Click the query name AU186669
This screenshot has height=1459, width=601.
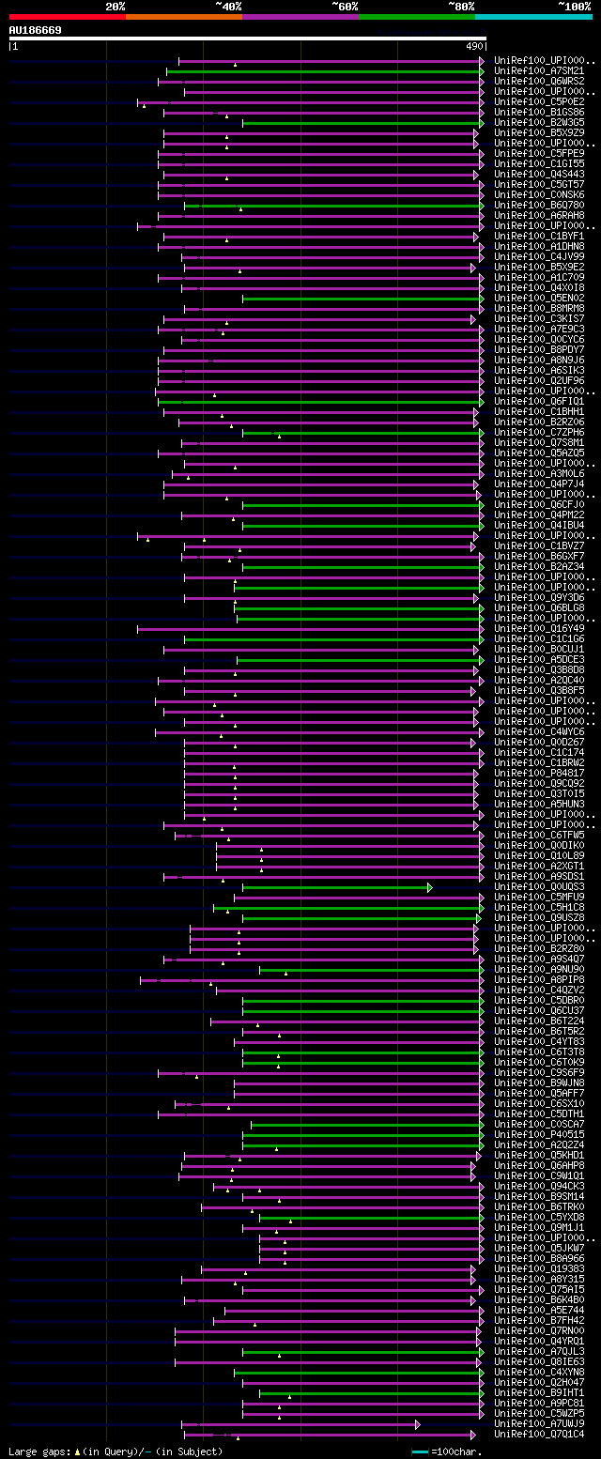[x=35, y=30]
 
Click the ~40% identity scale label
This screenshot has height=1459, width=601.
[x=228, y=7]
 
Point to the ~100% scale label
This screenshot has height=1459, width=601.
[x=574, y=7]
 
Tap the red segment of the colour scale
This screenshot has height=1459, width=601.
[x=67, y=17]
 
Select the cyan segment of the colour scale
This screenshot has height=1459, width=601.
[x=532, y=17]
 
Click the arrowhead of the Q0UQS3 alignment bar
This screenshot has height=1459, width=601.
[x=430, y=887]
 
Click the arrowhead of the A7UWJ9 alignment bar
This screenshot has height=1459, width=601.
[x=417, y=1424]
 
